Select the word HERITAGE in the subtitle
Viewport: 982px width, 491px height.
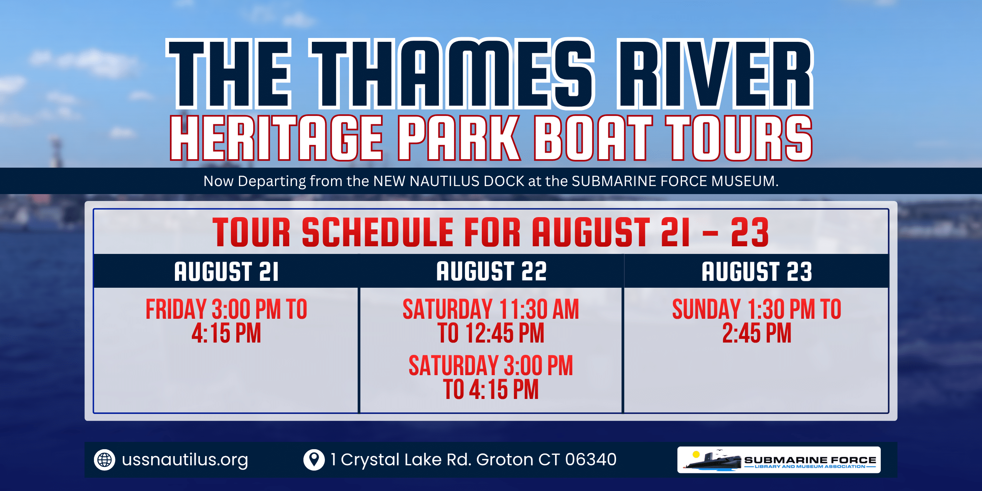click(x=277, y=138)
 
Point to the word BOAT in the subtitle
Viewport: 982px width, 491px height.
click(x=593, y=138)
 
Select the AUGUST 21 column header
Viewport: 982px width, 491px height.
click(x=226, y=272)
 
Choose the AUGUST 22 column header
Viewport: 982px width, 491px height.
click(x=491, y=271)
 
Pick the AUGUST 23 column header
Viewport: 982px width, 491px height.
click(x=757, y=272)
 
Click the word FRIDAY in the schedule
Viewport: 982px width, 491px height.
click(x=176, y=309)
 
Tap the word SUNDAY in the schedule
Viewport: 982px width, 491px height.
click(x=706, y=309)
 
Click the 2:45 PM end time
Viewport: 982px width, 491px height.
click(x=757, y=333)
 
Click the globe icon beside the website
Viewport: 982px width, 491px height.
click(x=104, y=460)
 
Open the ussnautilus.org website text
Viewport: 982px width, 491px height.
click(x=185, y=460)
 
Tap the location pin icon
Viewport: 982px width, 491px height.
click(x=314, y=459)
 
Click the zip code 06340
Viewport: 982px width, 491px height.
click(x=590, y=459)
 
